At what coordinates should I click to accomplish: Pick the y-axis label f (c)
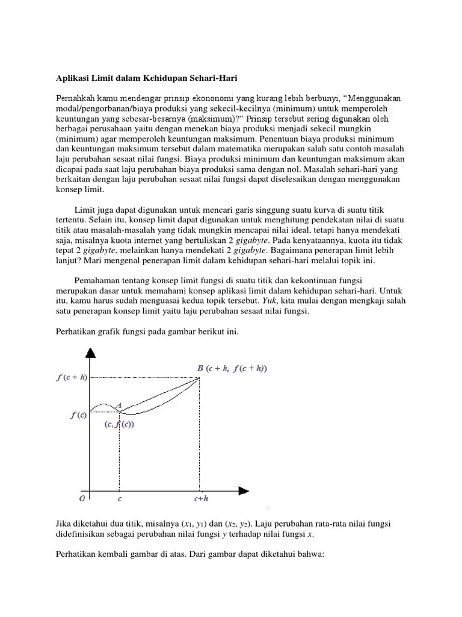(78, 415)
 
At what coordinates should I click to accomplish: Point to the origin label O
(82, 500)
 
